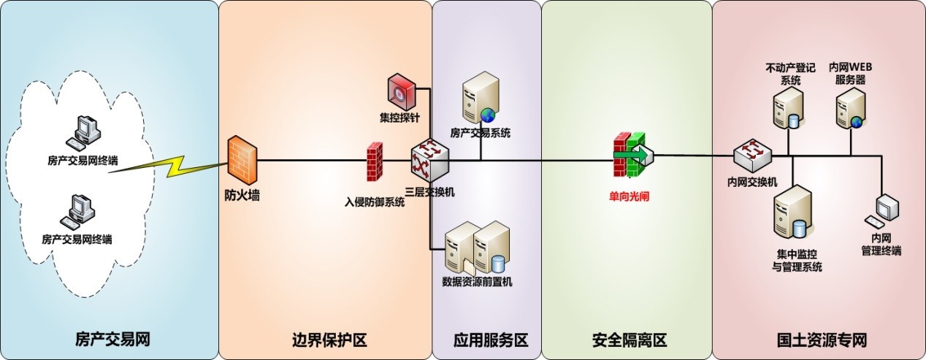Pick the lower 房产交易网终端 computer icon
pyautogui.click(x=79, y=212)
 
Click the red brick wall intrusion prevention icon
pyautogui.click(x=375, y=161)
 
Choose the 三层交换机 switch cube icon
pyautogui.click(x=429, y=159)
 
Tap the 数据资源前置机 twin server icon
pyautogui.click(x=478, y=248)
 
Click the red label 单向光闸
pyautogui.click(x=632, y=196)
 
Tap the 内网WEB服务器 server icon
pyautogui.click(x=850, y=107)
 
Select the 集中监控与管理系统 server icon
pyautogui.click(x=792, y=215)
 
